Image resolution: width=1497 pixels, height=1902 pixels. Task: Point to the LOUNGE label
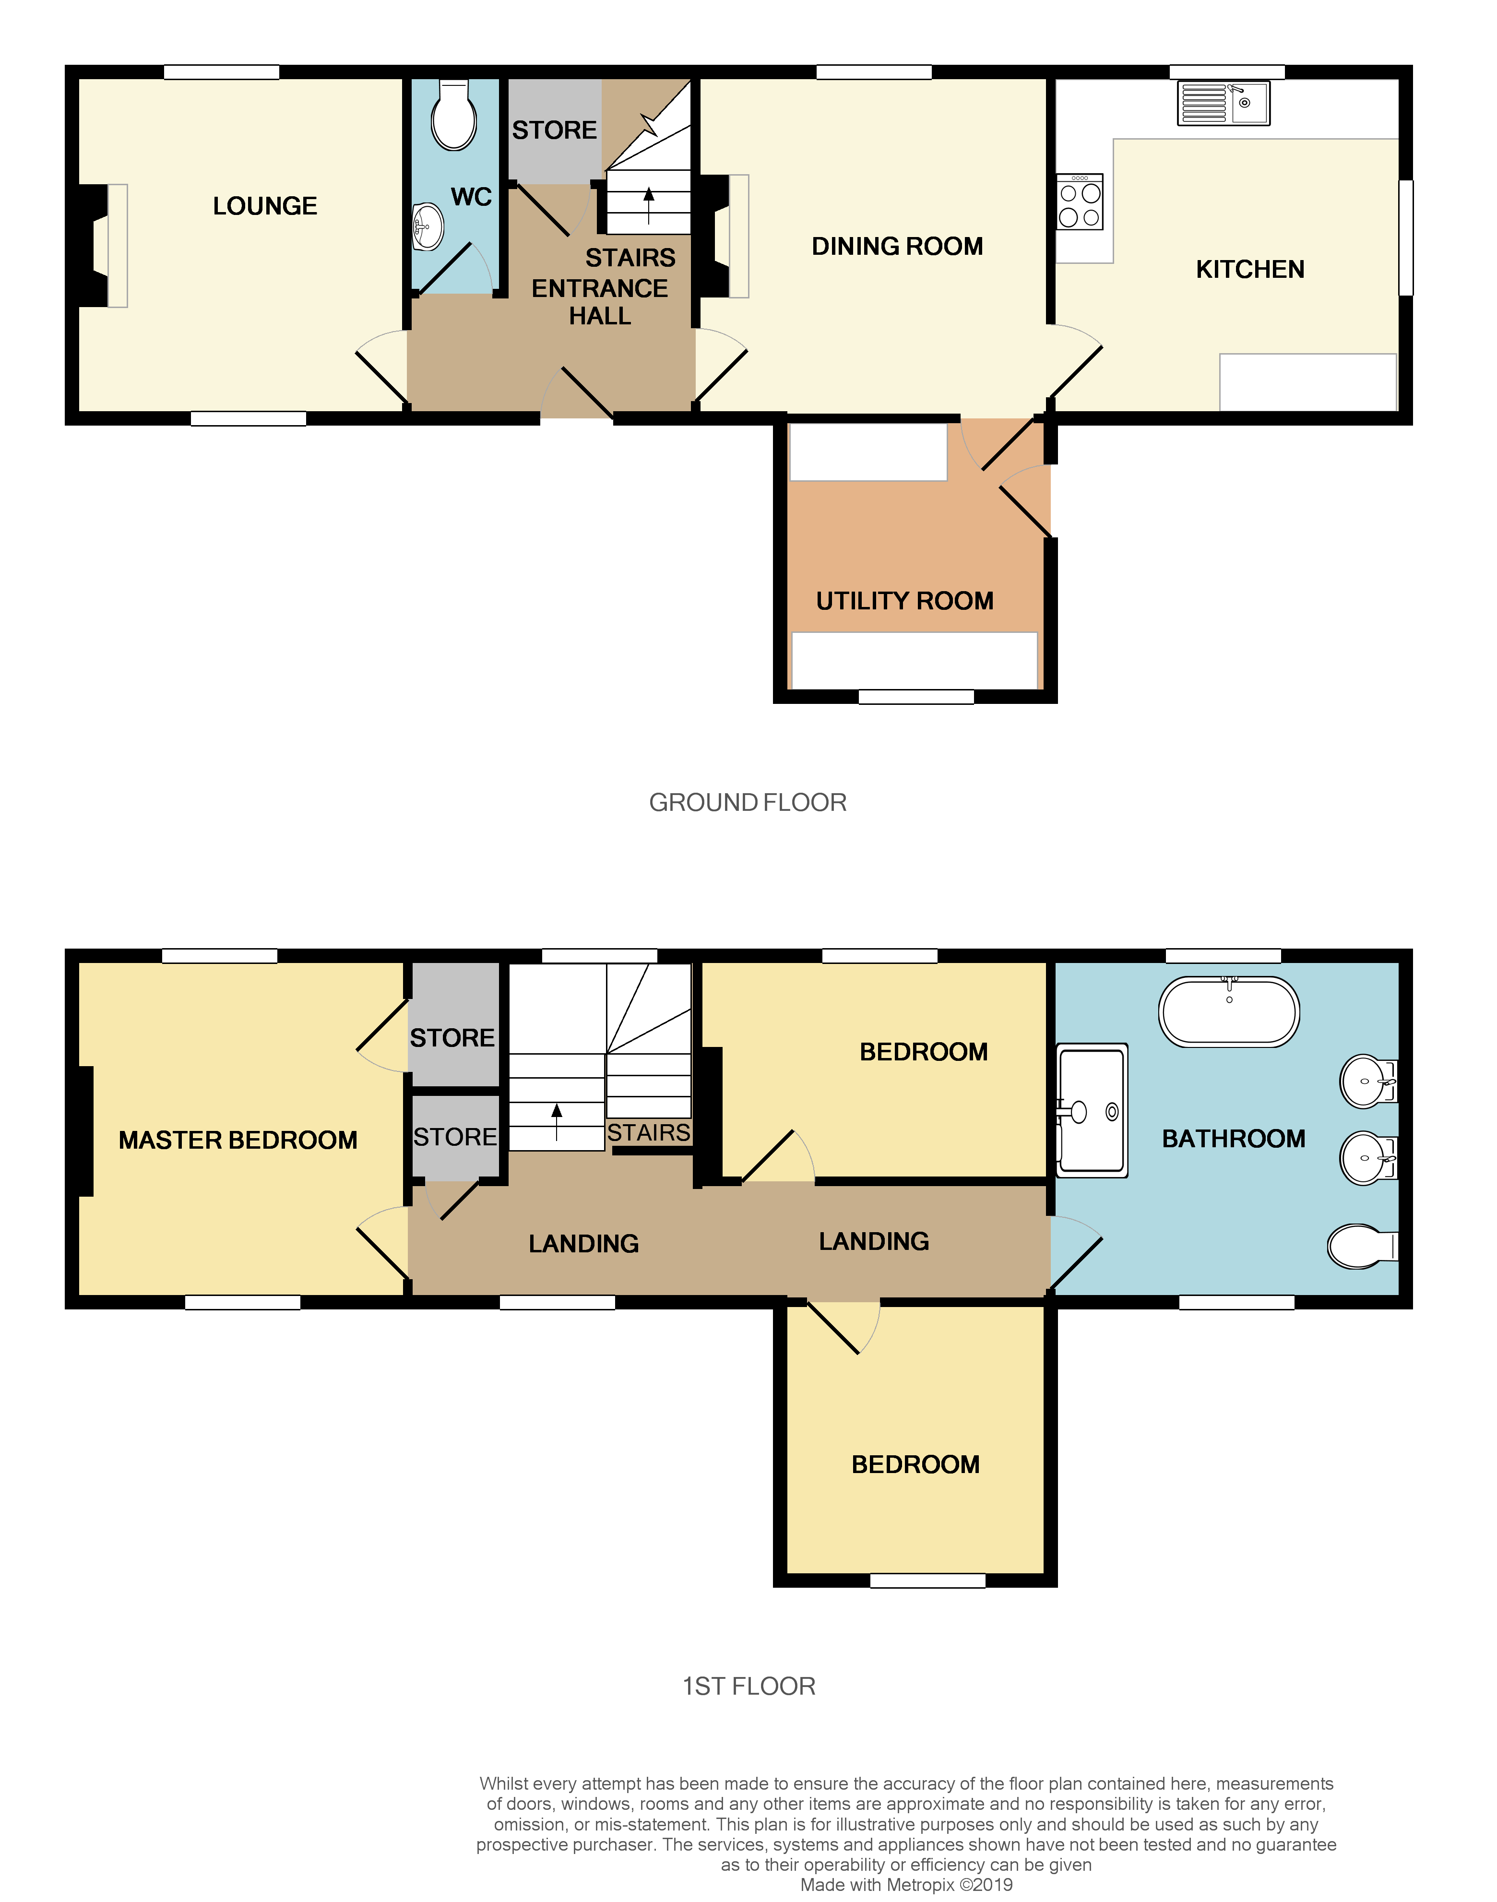[x=265, y=206]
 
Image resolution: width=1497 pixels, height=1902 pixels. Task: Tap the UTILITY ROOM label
[x=904, y=601]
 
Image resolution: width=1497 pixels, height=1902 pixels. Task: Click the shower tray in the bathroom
[x=1092, y=1110]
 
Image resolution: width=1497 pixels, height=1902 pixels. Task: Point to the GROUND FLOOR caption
[x=748, y=803]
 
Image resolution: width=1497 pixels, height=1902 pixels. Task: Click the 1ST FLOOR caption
[x=748, y=1687]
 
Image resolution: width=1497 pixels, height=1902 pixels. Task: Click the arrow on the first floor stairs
[x=557, y=1121]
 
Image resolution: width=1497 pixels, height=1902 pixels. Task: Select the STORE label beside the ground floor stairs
[x=554, y=131]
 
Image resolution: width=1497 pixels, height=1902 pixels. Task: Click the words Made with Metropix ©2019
[x=906, y=1884]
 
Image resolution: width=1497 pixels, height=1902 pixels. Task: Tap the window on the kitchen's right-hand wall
[x=1405, y=238]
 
